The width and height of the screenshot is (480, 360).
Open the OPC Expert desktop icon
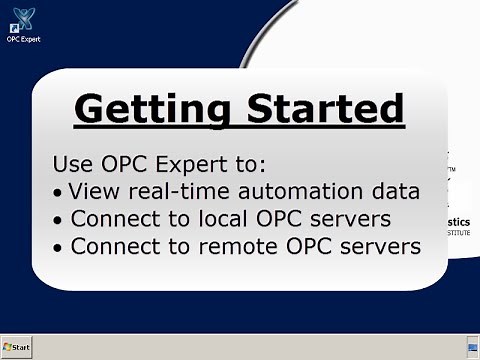click(22, 20)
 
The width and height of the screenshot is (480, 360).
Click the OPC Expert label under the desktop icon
click(23, 40)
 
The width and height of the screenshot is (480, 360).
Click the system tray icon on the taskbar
click(472, 347)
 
